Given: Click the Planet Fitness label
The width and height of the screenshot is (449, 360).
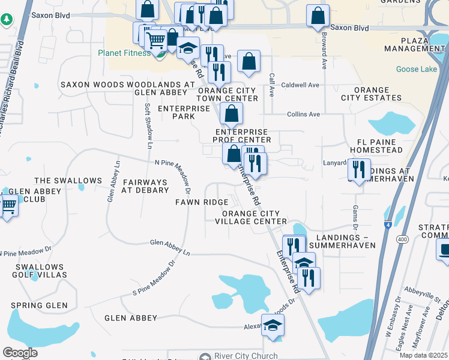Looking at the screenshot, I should [x=124, y=53].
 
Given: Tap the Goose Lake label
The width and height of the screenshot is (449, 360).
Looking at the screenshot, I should [x=417, y=70].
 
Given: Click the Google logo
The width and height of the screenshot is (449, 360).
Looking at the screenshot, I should [x=20, y=352].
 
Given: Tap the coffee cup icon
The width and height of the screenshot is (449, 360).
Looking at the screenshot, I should [x=444, y=249].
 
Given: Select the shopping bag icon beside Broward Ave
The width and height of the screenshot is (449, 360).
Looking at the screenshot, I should [x=318, y=16].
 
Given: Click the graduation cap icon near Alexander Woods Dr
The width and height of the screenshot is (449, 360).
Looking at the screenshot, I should [x=273, y=325].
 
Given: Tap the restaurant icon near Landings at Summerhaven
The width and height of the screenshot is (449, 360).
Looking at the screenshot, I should [x=359, y=169].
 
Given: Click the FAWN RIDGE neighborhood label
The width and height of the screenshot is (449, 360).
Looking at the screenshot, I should [x=201, y=203].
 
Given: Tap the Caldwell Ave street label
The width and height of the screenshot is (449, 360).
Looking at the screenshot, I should [x=300, y=85].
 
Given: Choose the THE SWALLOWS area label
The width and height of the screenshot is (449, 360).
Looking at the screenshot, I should [x=68, y=181].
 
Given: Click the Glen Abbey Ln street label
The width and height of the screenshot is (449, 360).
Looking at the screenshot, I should [x=170, y=247].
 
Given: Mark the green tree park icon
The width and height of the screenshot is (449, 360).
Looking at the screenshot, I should [x=6, y=20].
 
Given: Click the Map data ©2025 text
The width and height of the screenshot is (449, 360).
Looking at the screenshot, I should [x=423, y=355].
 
